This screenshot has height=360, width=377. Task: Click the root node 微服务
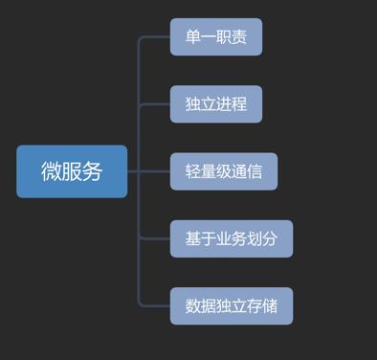(x=72, y=171)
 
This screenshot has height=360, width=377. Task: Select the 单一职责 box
(x=216, y=37)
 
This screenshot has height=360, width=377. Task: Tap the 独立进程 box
(x=216, y=104)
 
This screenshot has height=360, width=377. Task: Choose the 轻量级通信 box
(x=224, y=171)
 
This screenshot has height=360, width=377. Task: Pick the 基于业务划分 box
(x=232, y=238)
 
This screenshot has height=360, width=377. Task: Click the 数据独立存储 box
(x=232, y=305)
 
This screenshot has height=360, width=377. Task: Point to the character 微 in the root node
(x=52, y=171)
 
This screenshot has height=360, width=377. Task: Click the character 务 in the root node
(x=92, y=171)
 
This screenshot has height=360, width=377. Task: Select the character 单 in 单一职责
(x=193, y=37)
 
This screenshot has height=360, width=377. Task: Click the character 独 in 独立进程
(x=193, y=104)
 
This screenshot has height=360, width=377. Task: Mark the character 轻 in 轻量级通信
(x=193, y=171)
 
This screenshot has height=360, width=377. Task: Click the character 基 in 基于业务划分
(x=193, y=238)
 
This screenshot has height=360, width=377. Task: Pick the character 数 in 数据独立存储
(x=193, y=305)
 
